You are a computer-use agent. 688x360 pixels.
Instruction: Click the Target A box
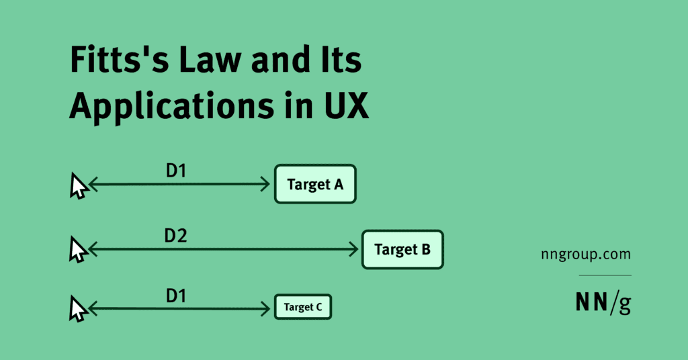tap(315, 184)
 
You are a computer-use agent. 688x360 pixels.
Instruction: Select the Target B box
tap(402, 250)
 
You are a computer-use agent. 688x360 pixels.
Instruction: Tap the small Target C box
tap(302, 308)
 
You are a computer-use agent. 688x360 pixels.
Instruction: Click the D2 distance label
tap(175, 236)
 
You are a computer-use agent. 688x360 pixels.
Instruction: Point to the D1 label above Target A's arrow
tap(176, 171)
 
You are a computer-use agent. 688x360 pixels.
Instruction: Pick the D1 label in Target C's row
tap(176, 295)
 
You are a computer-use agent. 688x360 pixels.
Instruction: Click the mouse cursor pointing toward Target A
tap(79, 186)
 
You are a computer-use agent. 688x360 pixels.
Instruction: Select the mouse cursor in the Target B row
tap(79, 251)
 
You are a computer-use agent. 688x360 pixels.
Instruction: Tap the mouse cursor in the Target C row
tap(79, 310)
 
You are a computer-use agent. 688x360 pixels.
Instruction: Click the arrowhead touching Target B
tap(354, 250)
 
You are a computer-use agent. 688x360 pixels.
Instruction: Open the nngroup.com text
tap(585, 255)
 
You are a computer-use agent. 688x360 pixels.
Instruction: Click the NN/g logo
tap(603, 304)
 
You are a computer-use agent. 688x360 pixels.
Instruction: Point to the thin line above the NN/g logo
tap(605, 275)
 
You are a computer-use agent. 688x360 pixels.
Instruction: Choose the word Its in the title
tap(341, 62)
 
